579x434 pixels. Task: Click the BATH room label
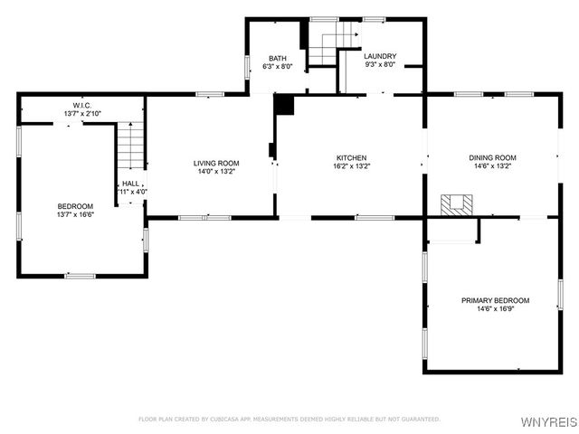(277, 58)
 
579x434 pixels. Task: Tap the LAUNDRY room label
(380, 56)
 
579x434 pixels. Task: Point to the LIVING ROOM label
(216, 163)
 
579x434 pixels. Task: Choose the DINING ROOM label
(492, 157)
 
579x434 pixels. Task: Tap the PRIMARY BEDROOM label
(495, 300)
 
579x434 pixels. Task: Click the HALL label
(131, 183)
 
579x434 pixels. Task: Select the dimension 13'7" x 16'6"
(75, 215)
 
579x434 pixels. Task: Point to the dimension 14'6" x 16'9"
(495, 309)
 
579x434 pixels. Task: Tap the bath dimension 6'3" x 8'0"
(277, 66)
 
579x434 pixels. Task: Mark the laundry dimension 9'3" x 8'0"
(380, 65)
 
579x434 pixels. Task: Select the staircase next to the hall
(132, 146)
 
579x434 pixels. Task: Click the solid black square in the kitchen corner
(285, 105)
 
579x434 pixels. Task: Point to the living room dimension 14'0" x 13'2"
(216, 172)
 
